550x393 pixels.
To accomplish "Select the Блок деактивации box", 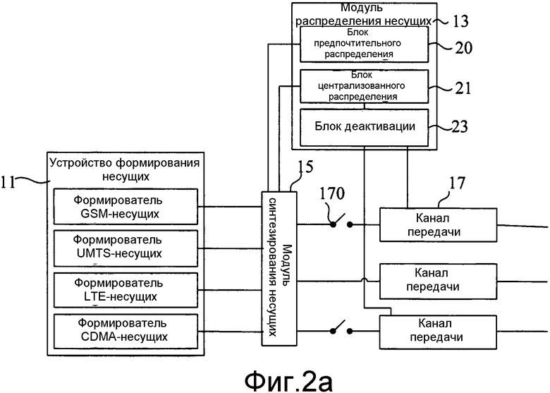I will coord(364,127).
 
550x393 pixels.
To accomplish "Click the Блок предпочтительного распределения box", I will coord(364,44).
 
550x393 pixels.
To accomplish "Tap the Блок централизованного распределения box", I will coord(364,86).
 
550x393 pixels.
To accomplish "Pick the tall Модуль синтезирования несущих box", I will coord(279,268).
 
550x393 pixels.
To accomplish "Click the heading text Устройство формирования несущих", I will coord(126,169).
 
